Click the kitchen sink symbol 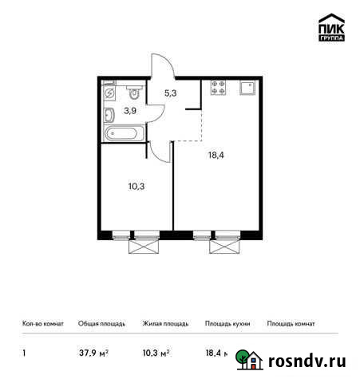pyautogui.click(x=247, y=88)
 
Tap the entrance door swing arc pyautogui.click(x=157, y=64)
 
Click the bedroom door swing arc pyautogui.click(x=160, y=149)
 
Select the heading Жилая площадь pyautogui.click(x=165, y=324)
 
